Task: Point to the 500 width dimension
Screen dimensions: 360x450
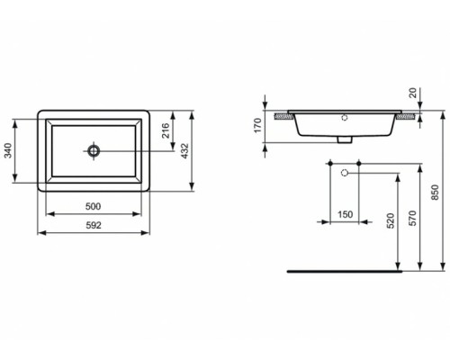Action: click(x=94, y=206)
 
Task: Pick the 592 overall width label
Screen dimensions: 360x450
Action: click(x=94, y=224)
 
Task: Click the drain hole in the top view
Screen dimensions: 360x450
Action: click(x=94, y=150)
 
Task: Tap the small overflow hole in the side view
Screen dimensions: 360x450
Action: click(x=344, y=118)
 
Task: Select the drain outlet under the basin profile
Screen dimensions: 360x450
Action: click(x=344, y=139)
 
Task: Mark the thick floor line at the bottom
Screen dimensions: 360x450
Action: click(x=343, y=270)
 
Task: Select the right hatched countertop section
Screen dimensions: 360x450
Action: click(x=409, y=115)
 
